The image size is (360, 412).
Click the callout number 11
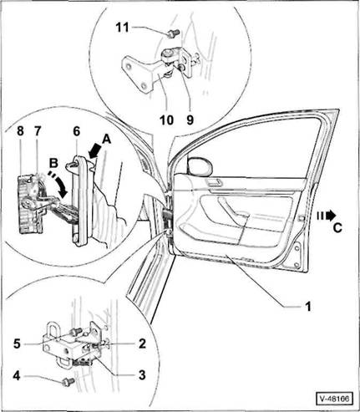tap(123, 28)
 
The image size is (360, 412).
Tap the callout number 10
tap(166, 120)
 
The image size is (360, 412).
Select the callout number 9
tap(190, 120)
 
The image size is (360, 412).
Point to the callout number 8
tap(20, 130)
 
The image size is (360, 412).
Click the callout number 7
tap(38, 130)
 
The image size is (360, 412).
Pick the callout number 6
tap(77, 131)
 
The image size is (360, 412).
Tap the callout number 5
tap(17, 343)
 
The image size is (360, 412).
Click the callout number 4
tap(17, 376)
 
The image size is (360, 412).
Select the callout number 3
tap(142, 375)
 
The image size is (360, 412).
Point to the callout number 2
tap(142, 343)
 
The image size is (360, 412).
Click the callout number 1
tap(307, 306)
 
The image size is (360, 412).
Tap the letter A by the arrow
tap(106, 140)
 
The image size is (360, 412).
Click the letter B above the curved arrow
tap(53, 163)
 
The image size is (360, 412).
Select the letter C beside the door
tap(337, 228)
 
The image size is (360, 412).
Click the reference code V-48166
tap(334, 399)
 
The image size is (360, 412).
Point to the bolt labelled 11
tap(170, 33)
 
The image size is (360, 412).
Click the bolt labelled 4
tap(68, 381)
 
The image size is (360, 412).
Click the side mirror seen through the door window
tap(200, 167)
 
